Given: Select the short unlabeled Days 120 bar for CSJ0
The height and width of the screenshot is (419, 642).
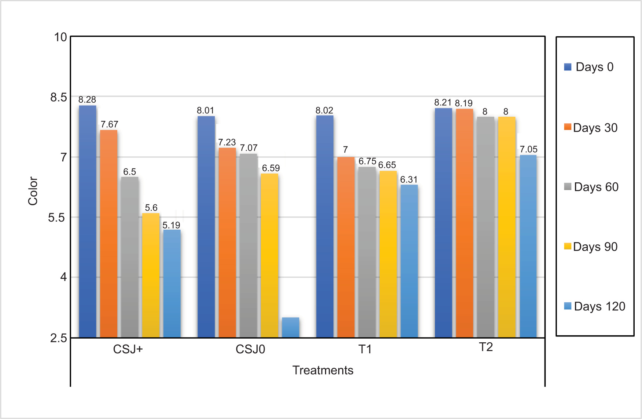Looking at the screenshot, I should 291,327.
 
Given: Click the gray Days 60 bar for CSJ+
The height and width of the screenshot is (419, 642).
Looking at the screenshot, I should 130,257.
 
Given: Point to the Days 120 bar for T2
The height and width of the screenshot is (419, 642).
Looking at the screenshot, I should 528,246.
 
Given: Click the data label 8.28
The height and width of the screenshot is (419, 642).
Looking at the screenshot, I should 87,99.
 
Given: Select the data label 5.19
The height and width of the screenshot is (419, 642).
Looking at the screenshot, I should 171,225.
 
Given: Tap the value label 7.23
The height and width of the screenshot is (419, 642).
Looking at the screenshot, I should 227,142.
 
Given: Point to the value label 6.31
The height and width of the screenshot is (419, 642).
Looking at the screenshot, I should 409,179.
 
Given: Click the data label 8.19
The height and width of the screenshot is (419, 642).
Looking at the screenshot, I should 464,103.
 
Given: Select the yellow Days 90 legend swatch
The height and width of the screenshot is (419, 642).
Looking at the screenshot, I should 568,246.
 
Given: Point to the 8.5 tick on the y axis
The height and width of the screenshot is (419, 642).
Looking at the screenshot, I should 59,97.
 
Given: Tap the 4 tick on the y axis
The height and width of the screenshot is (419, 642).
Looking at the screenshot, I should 63,277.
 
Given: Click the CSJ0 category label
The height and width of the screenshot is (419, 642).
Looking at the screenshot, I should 250,349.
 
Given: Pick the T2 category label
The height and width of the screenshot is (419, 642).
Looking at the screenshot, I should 486,347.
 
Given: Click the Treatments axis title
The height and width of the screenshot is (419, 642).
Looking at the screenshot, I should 323,370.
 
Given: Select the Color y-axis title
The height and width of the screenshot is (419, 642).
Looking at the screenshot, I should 33,191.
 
